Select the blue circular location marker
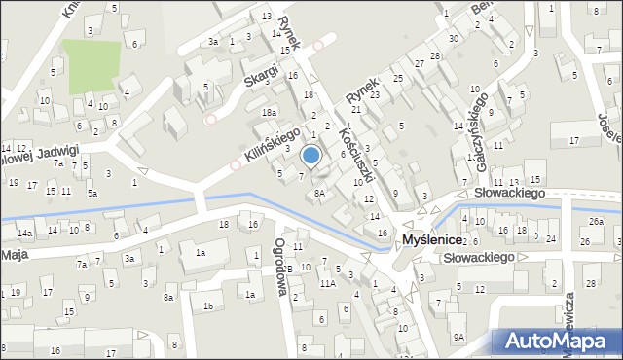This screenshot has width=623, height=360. click(x=311, y=156)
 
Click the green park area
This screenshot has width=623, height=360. click(x=91, y=66)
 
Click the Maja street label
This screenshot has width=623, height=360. click(x=14, y=255)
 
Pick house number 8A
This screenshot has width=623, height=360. click(x=319, y=193)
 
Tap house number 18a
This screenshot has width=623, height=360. click(x=269, y=113)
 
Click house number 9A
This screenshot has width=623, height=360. click(x=458, y=336)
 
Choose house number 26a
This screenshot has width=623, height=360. click(x=596, y=221)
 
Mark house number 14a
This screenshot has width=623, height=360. click(x=24, y=234)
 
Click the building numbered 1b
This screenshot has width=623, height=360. click(x=207, y=306)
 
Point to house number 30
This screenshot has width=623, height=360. click(x=454, y=38)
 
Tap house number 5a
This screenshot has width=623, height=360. click(x=92, y=194)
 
